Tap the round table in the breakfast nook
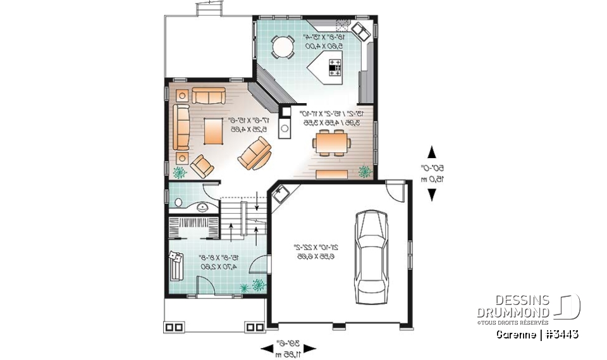point(283,46)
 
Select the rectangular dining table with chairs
point(331,143)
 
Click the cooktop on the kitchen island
point(334,66)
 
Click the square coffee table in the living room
point(212,130)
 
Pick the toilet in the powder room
point(178,203)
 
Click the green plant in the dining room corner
point(365,171)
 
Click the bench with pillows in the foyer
point(175,263)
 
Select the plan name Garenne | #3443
point(537,334)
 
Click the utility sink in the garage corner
point(280,194)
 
